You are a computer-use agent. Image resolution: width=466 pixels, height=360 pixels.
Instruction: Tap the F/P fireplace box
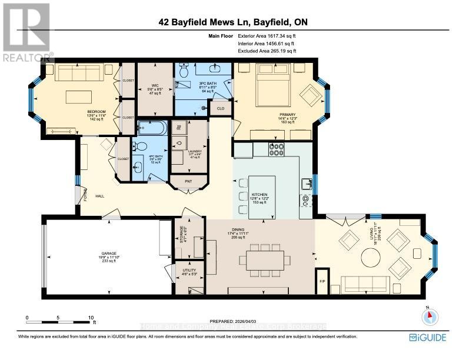point(322,280)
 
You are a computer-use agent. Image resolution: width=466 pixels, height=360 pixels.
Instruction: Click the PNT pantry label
point(188,181)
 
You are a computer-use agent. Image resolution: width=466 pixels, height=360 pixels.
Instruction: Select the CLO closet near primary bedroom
point(220,108)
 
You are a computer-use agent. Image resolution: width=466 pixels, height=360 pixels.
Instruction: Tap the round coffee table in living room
point(371,257)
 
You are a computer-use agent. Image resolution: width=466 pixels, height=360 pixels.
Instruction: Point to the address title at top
point(233,23)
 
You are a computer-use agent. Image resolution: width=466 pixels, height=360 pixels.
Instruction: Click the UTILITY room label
point(188,272)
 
